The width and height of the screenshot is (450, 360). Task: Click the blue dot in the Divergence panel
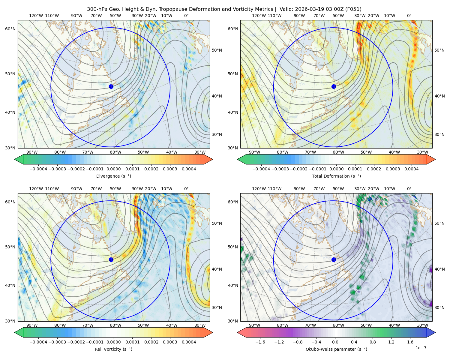[x=111, y=86]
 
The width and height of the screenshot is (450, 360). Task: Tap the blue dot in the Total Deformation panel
[x=334, y=86]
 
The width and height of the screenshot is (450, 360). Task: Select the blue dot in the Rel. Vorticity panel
[x=111, y=259]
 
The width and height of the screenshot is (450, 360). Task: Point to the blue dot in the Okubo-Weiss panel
[x=334, y=259]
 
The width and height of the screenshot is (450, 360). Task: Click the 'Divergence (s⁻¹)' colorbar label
[x=113, y=176]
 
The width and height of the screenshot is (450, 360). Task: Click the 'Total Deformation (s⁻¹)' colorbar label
[x=336, y=176]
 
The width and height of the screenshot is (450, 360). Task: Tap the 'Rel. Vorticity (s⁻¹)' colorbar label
[x=113, y=349]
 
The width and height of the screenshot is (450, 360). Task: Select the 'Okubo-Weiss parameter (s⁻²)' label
[x=336, y=349]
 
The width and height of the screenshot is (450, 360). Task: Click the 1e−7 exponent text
[x=421, y=348]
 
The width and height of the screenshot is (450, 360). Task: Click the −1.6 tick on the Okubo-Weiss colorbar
[x=260, y=342]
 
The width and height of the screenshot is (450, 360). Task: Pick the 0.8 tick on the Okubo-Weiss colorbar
[x=373, y=342]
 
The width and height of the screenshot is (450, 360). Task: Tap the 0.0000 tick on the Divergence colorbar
[x=113, y=169]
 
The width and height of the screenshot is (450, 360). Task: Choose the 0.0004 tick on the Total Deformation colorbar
[x=411, y=169]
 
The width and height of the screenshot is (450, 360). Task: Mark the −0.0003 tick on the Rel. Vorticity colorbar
[x=57, y=342]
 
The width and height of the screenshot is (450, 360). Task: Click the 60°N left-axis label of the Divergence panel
[x=10, y=29]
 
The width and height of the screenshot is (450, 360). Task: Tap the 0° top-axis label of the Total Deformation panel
[x=409, y=16]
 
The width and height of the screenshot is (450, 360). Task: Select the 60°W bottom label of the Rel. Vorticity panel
[x=115, y=325]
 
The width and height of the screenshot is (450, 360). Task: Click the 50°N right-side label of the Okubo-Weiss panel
[x=439, y=223]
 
